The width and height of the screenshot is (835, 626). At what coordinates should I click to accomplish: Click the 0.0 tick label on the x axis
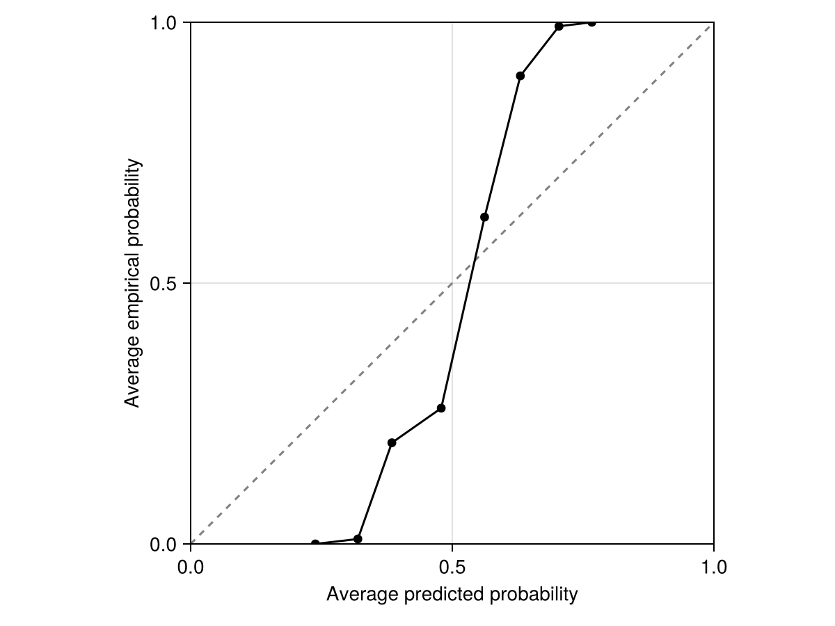click(x=190, y=567)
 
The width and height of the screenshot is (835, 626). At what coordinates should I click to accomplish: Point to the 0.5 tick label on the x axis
click(x=452, y=567)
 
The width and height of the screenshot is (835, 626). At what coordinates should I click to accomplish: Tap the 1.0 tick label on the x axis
click(x=713, y=567)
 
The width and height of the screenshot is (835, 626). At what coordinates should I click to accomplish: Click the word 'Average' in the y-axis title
click(x=133, y=376)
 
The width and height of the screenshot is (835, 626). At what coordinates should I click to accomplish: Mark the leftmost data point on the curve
click(x=315, y=544)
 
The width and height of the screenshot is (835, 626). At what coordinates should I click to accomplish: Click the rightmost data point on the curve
click(x=591, y=22)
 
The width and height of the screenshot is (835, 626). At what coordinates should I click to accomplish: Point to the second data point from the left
click(x=358, y=539)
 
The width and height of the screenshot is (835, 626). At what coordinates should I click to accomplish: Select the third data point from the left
click(x=392, y=442)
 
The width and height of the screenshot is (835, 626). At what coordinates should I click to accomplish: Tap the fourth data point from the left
click(x=440, y=408)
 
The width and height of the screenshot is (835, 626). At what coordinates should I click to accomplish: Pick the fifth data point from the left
click(x=484, y=217)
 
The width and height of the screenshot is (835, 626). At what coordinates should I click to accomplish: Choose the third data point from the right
click(x=520, y=76)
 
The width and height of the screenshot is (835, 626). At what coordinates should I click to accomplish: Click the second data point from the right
click(x=559, y=26)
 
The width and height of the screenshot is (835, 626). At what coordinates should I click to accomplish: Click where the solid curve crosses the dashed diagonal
click(x=474, y=262)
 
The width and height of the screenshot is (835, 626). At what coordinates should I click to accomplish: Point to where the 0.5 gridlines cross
click(x=452, y=283)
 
